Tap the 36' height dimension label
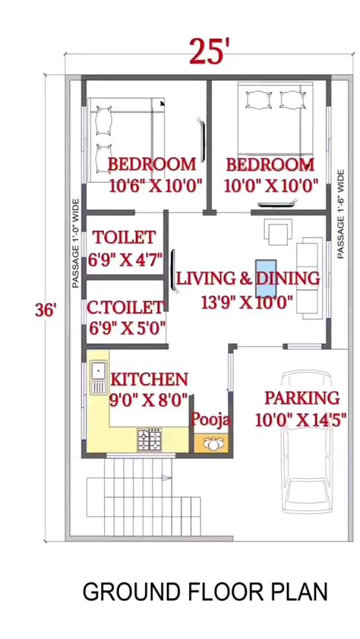coord(45,310)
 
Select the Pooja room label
coord(211,419)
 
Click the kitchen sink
coord(98,377)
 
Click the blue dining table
coord(266,278)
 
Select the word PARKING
coord(302,398)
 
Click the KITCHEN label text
coord(149,379)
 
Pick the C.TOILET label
coord(125,307)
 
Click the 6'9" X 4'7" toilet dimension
coord(125,260)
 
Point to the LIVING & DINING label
coord(248,279)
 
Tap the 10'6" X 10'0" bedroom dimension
coord(156,186)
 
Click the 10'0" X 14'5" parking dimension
coord(301,420)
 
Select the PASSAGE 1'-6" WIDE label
coord(341,214)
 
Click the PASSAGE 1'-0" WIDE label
coord(75,244)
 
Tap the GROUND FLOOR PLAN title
coord(205,592)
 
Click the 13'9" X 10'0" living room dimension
coord(247,302)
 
